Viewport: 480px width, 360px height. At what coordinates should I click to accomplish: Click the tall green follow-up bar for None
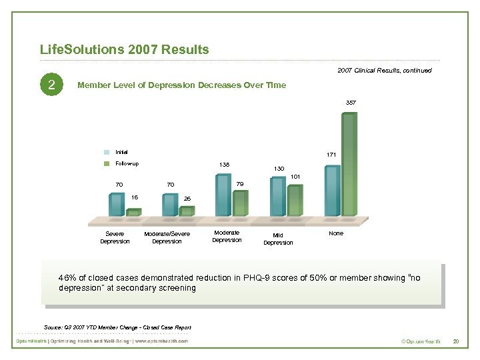click(350, 163)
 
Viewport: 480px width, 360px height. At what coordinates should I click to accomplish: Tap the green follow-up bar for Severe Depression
click(133, 212)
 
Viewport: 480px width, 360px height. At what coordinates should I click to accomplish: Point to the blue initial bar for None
click(332, 190)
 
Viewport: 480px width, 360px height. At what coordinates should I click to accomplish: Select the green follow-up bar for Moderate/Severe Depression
click(187, 211)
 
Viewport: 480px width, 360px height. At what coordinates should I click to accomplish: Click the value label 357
click(351, 103)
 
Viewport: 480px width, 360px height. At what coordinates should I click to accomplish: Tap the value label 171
click(331, 155)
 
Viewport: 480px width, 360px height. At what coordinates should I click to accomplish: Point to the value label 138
click(225, 164)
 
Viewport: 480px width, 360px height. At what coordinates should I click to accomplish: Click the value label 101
click(296, 177)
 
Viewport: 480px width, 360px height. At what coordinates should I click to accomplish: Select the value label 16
click(135, 197)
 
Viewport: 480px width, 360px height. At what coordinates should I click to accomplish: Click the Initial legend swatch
click(107, 152)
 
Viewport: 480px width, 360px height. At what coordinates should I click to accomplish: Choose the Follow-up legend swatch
click(107, 163)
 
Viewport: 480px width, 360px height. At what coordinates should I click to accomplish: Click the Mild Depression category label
click(278, 239)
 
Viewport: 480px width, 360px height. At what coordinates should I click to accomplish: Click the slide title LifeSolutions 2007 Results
click(125, 50)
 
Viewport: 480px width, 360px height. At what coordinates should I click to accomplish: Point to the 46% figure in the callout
click(67, 277)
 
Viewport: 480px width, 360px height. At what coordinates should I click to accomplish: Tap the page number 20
click(456, 341)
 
